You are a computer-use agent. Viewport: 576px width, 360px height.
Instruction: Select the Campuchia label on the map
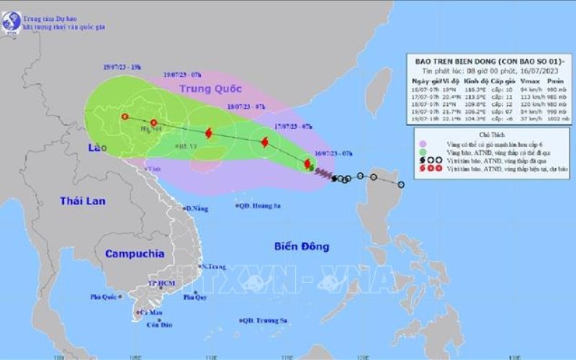pyautogui.click(x=134, y=253)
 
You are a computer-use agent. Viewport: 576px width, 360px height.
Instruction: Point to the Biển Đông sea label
pyautogui.click(x=302, y=247)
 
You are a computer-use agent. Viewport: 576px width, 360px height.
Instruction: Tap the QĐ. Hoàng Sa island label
pyautogui.click(x=259, y=207)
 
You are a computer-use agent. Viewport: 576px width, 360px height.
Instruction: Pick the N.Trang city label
pyautogui.click(x=214, y=266)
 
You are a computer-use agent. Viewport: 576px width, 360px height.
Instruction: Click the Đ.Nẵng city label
pyautogui.click(x=196, y=208)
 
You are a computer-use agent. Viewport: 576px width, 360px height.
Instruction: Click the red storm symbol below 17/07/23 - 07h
pyautogui.click(x=262, y=143)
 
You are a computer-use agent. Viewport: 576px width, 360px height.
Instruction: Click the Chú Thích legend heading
pyautogui.click(x=480, y=135)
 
